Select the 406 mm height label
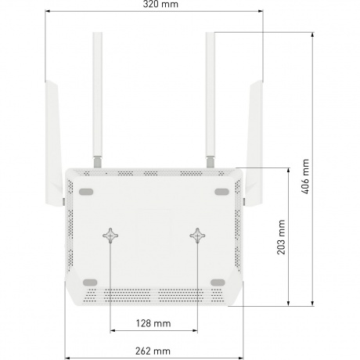pyautogui.click(x=306, y=177)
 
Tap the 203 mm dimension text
pyautogui.click(x=281, y=238)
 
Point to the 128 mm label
pyautogui.click(x=153, y=322)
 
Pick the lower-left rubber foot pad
pyautogui.click(x=89, y=282)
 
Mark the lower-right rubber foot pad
pyautogui.click(x=218, y=282)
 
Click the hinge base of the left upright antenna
pyautogui.click(x=96, y=161)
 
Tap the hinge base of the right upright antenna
pyautogui.click(x=211, y=161)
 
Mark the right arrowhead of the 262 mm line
pyautogui.click(x=236, y=341)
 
